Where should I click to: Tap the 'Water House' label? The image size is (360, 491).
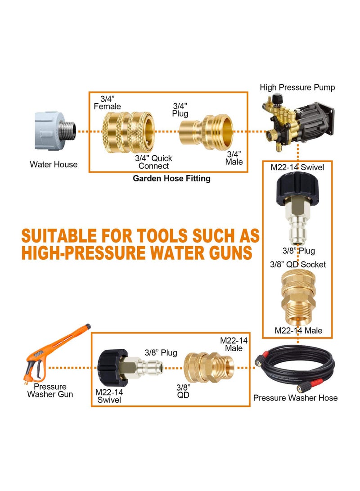tap(54, 165)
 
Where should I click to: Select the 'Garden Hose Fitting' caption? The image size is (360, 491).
tap(171, 179)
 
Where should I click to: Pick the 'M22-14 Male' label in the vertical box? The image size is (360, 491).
tap(298, 330)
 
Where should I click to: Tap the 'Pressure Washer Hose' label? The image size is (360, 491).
tap(295, 398)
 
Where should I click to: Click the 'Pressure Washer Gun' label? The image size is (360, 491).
tap(50, 390)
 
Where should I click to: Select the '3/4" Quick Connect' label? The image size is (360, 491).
tap(153, 162)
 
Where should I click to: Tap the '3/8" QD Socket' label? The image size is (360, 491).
tap(297, 265)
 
